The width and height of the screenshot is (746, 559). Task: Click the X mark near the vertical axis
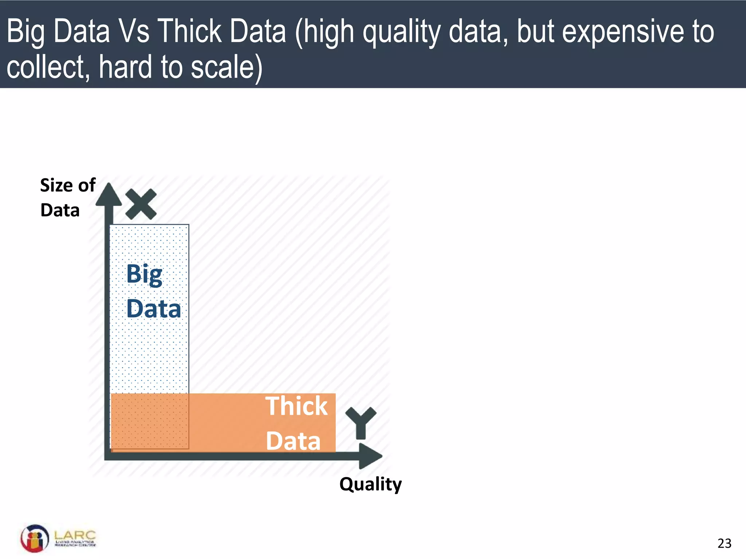click(141, 204)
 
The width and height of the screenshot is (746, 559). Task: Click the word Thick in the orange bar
click(296, 406)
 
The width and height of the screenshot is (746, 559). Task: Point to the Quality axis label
click(370, 484)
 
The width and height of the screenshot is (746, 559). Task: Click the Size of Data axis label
click(67, 198)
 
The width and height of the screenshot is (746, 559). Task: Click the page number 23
click(724, 543)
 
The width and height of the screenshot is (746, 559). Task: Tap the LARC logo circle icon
click(35, 538)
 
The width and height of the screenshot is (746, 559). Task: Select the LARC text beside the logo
click(75, 535)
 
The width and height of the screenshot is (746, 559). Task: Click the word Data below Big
click(153, 309)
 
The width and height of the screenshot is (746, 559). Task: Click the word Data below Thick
click(293, 441)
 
